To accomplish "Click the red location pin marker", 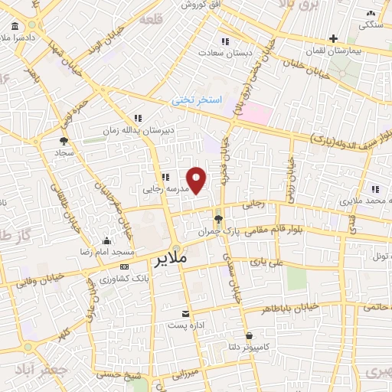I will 197,179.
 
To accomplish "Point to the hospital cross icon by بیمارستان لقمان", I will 333,38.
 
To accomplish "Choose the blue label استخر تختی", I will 195,100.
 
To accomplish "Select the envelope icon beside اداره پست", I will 185,314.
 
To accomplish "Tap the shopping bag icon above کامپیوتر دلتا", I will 250,335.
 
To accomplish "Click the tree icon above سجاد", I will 64,141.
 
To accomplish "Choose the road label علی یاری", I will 272,262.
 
